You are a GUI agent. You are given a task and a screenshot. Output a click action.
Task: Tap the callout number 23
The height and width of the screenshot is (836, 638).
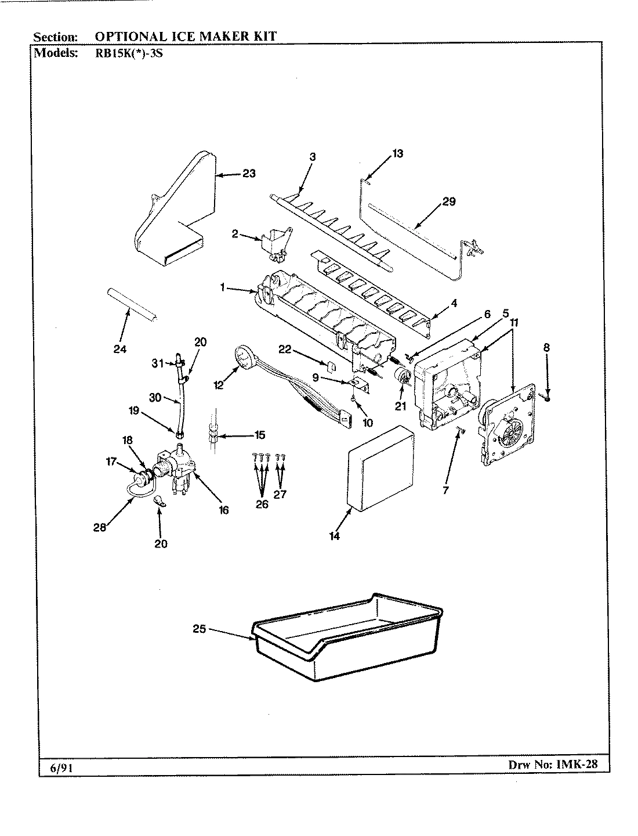point(249,174)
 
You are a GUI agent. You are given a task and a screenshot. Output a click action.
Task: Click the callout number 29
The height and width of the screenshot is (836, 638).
point(448,202)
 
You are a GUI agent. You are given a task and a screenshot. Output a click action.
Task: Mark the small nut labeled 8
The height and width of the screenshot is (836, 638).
point(547,398)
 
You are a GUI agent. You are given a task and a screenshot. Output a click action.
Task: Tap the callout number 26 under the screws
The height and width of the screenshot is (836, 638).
point(262,505)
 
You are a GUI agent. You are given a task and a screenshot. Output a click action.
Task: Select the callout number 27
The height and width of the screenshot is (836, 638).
point(281,495)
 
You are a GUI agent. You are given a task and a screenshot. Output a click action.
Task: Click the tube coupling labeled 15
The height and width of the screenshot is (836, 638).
point(214,434)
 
